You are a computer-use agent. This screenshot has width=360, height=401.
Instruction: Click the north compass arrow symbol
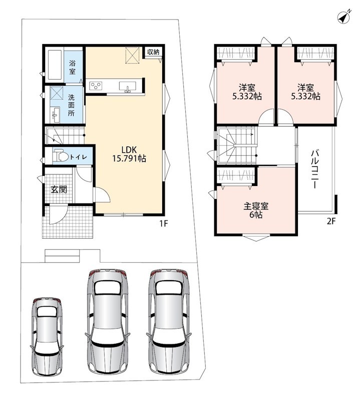click(x=344, y=18)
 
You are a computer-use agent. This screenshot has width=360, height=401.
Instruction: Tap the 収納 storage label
click(x=153, y=52)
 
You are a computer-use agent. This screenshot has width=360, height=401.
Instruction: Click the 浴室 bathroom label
click(x=72, y=67)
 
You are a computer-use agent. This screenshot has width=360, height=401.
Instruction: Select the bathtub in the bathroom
click(x=55, y=65)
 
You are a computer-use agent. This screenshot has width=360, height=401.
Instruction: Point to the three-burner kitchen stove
click(x=96, y=86)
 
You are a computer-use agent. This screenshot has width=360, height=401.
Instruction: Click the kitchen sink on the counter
click(x=128, y=86)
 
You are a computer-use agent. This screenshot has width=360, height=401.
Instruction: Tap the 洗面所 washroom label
click(x=71, y=105)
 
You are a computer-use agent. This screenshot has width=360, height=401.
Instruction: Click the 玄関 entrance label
click(x=59, y=189)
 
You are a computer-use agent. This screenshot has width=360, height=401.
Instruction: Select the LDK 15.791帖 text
click(x=129, y=154)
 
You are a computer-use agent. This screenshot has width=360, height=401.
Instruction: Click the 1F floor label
click(x=164, y=224)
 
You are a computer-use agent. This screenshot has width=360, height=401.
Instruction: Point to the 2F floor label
click(x=331, y=221)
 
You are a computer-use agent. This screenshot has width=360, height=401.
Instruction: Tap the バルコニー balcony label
click(x=314, y=169)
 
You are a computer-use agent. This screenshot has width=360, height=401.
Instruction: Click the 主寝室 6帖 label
click(x=256, y=210)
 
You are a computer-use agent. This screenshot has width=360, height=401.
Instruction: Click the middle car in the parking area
click(x=107, y=321)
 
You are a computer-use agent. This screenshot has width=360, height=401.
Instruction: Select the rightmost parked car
click(x=169, y=321)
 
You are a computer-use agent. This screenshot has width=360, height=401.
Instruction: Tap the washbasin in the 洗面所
click(x=55, y=115)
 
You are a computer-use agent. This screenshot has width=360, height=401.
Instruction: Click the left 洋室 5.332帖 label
click(x=247, y=92)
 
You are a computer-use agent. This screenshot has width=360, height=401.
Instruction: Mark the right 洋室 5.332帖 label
click(x=305, y=92)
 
